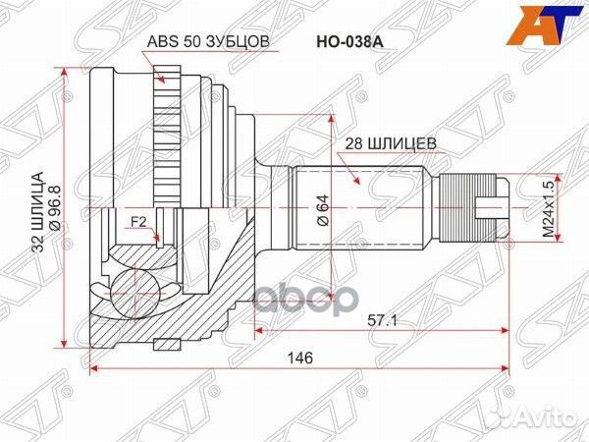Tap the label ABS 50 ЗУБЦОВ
[207, 43]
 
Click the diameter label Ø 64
[322, 210]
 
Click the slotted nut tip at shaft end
[491, 207]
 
